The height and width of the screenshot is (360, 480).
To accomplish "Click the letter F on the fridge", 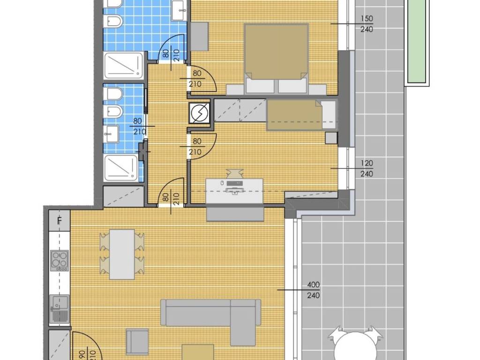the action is coord(60,220).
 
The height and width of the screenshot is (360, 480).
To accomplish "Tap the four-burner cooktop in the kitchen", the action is coord(60,261).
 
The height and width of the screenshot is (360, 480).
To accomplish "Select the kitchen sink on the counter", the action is coord(60,308).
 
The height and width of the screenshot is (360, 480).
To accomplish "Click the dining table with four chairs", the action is coord(122,254).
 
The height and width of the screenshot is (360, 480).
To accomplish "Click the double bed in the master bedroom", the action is coord(276,59).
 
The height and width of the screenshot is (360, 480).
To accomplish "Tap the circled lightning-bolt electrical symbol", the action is coord(200,112).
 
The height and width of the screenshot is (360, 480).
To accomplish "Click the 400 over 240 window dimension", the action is coord(314,290).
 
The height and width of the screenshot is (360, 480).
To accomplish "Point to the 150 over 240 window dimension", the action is coord(367,24).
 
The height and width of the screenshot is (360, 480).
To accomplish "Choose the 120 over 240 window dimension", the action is coord(367,168).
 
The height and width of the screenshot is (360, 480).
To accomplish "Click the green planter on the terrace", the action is coord(416,41).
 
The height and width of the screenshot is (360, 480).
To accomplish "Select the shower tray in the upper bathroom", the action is coord(124,65).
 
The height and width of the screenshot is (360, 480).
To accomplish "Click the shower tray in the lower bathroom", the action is coord(121,168).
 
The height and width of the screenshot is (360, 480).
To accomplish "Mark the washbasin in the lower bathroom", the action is coord(111,135).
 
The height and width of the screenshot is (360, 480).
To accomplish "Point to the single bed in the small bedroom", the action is coord(301,114).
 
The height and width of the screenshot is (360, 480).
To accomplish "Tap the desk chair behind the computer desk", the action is coord(234,173).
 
